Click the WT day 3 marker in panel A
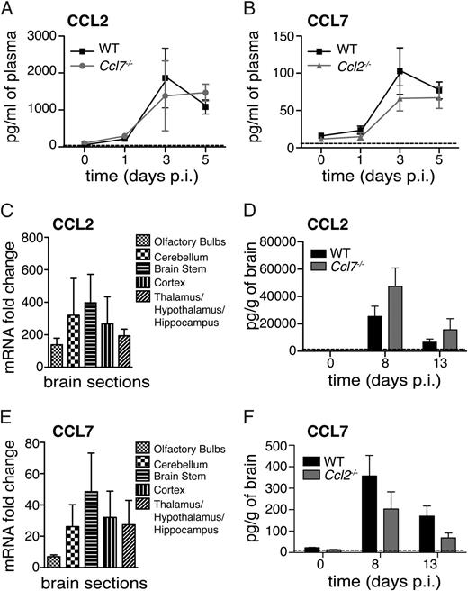coord(165,78)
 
